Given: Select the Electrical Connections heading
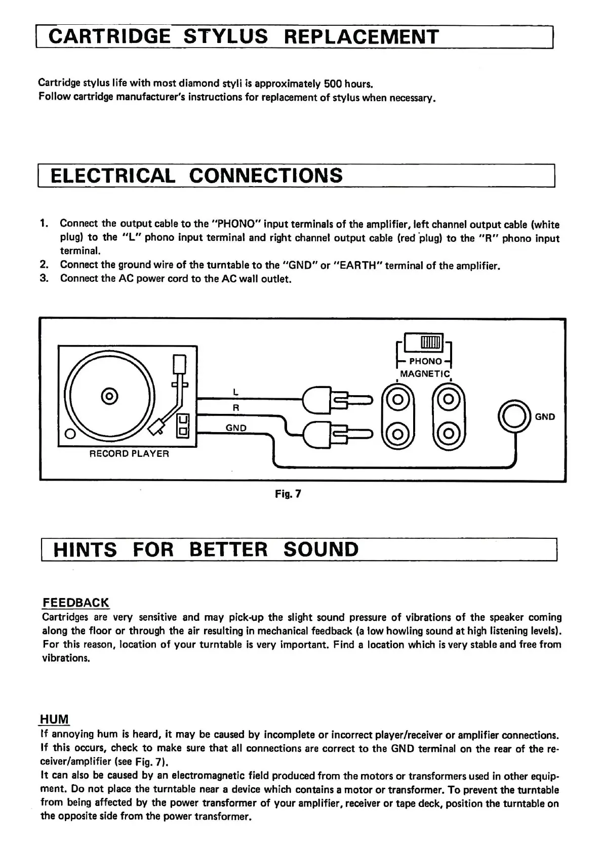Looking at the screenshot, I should pos(197,176).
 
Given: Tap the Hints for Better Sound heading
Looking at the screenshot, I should pos(206,549).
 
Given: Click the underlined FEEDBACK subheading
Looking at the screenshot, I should pos(75,603).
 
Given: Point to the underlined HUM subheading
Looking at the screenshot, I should pos(55,719).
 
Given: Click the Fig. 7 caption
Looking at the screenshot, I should pos(288,493).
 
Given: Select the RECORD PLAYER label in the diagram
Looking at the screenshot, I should pos(129,454).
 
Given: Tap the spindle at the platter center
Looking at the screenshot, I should pos(108,395).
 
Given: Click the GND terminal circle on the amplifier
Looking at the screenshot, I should pos(515,416).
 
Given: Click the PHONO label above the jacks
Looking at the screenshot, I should pos(425,361).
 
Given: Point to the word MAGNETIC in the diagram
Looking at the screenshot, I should pos(424,374).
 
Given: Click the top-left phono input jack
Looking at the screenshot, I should pos(398,399).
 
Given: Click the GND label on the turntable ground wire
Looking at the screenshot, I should pos(236,428).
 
